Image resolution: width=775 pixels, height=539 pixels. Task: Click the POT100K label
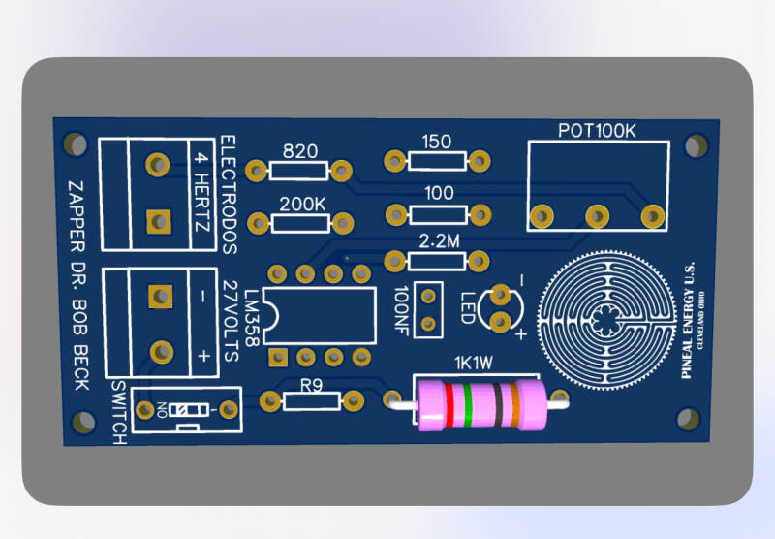[x=597, y=131]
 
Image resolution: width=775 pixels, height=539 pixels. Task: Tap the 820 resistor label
[x=299, y=151]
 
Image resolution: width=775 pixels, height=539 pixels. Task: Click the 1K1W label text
[x=476, y=365]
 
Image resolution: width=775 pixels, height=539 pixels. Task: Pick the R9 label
[x=311, y=385]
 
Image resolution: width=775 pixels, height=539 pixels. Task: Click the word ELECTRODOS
[x=230, y=194]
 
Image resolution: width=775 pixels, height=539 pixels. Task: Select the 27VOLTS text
[x=230, y=320]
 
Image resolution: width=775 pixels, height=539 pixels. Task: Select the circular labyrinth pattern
[x=604, y=317]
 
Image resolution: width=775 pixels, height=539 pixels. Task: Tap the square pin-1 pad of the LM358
[x=278, y=357]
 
